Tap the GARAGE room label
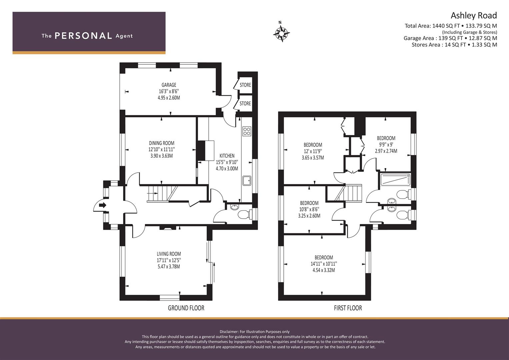(169, 85)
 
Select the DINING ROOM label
(161, 143)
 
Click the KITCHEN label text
(227, 156)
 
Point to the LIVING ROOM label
(169, 254)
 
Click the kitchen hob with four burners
(247, 131)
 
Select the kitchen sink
(247, 180)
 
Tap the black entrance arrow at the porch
(103, 205)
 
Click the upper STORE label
(245, 85)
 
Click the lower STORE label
(245, 104)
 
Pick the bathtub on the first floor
(395, 180)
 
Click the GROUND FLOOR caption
(186, 308)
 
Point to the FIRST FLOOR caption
(348, 308)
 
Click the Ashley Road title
(473, 15)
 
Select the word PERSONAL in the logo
(83, 36)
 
